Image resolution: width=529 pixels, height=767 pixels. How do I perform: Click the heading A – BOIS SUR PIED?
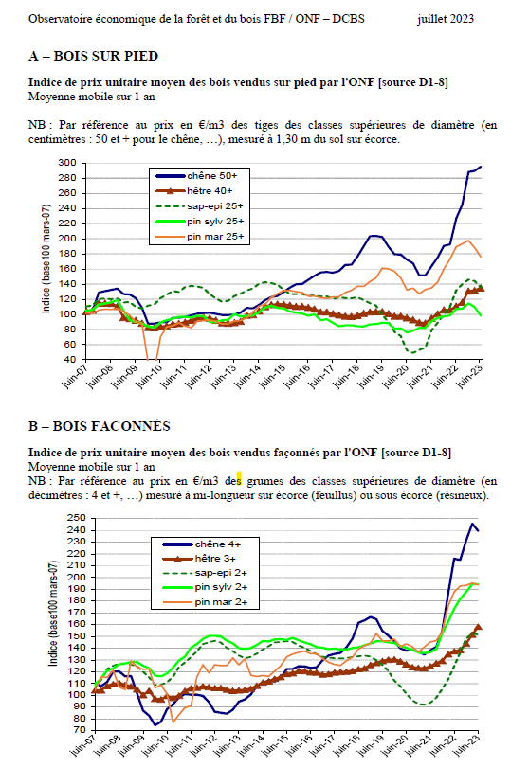click(x=93, y=56)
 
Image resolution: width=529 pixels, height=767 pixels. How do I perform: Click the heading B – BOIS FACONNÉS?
click(x=99, y=426)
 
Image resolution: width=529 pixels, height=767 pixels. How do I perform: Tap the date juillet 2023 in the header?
click(x=446, y=19)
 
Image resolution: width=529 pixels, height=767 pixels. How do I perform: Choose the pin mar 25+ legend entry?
click(x=199, y=237)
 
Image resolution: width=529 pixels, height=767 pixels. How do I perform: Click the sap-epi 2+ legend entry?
click(x=205, y=572)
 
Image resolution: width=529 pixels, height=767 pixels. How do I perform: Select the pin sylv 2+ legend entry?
click(x=205, y=587)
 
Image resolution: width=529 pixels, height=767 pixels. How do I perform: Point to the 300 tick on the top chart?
click(x=67, y=163)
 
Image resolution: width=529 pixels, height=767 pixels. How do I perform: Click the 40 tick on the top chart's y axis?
click(x=70, y=360)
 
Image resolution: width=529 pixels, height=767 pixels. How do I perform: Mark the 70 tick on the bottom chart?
click(x=80, y=730)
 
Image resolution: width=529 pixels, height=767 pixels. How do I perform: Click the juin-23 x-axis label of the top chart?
click(x=468, y=377)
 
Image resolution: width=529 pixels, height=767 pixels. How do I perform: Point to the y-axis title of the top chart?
click(x=46, y=259)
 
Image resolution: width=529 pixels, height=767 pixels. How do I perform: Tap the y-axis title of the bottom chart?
click(x=53, y=614)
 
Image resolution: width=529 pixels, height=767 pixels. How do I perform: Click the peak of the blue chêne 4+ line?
click(x=473, y=524)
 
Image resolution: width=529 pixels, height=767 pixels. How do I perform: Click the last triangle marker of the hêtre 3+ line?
click(x=479, y=627)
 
